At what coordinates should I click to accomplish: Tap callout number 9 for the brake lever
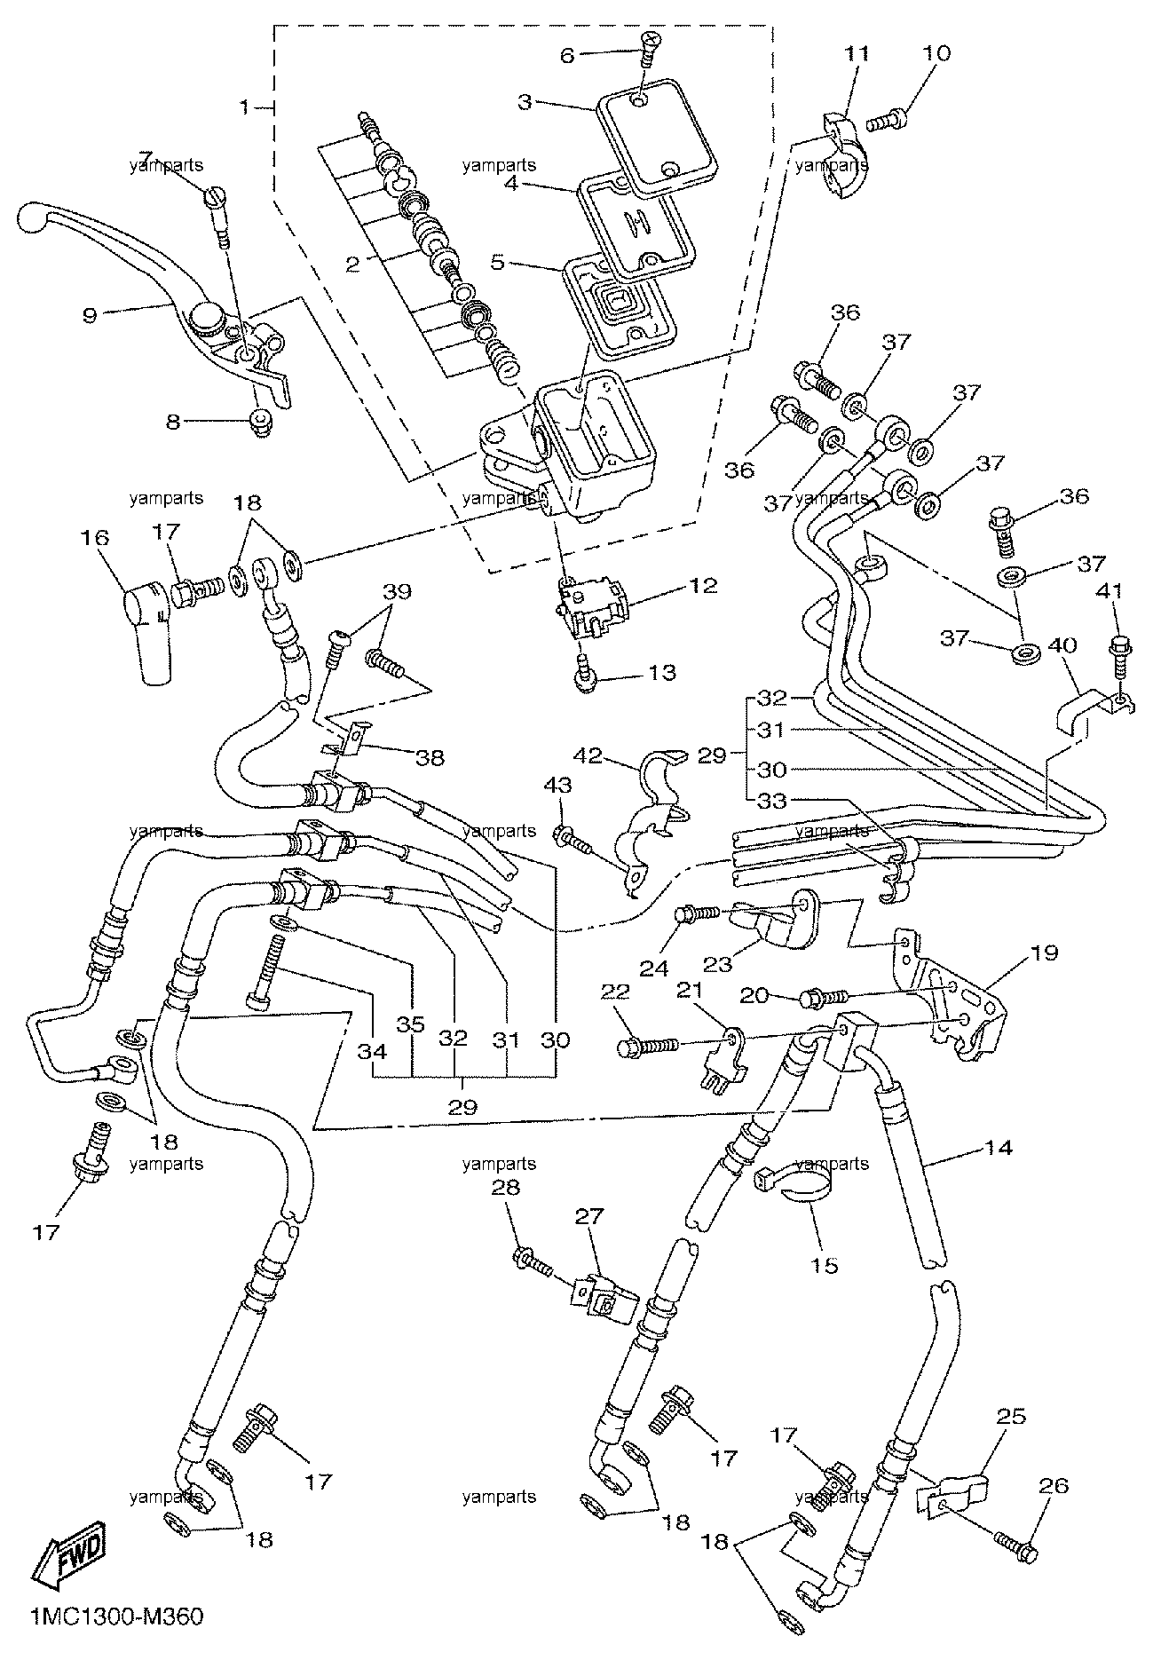click(x=90, y=315)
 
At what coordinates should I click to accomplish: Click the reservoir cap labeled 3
click(x=656, y=146)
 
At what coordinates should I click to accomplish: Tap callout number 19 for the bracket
click(x=1046, y=954)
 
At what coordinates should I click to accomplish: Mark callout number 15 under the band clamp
click(x=825, y=1266)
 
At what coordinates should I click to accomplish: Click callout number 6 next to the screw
click(x=567, y=55)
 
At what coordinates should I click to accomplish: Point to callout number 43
click(x=561, y=786)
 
